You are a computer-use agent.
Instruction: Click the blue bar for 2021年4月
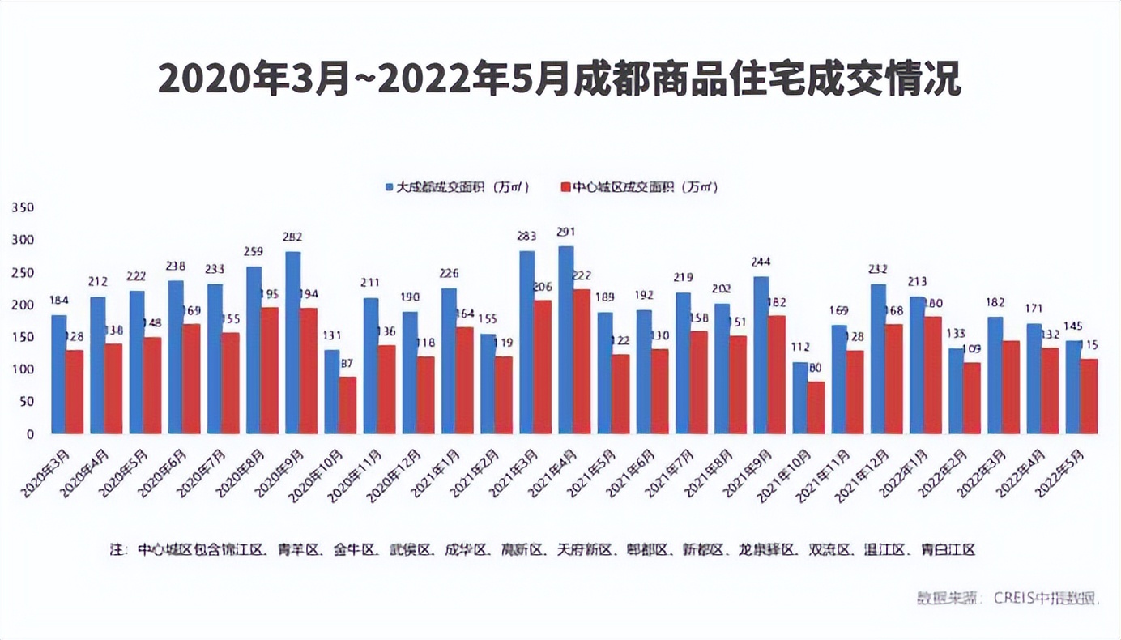566,340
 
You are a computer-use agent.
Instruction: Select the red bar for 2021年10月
816,407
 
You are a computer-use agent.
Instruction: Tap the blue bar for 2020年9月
293,343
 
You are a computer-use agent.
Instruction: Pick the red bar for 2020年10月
347,405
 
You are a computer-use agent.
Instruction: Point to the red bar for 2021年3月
542,367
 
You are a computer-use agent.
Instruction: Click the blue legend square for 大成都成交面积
390,187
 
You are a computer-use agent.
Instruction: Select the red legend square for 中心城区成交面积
566,187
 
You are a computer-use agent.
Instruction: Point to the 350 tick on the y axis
23,208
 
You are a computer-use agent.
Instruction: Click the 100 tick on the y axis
23,369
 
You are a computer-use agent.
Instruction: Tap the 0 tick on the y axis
30,434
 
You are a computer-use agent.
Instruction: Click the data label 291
566,232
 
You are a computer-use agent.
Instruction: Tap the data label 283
527,237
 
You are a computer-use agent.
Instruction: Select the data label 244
761,262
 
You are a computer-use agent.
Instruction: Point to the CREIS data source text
1008,599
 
